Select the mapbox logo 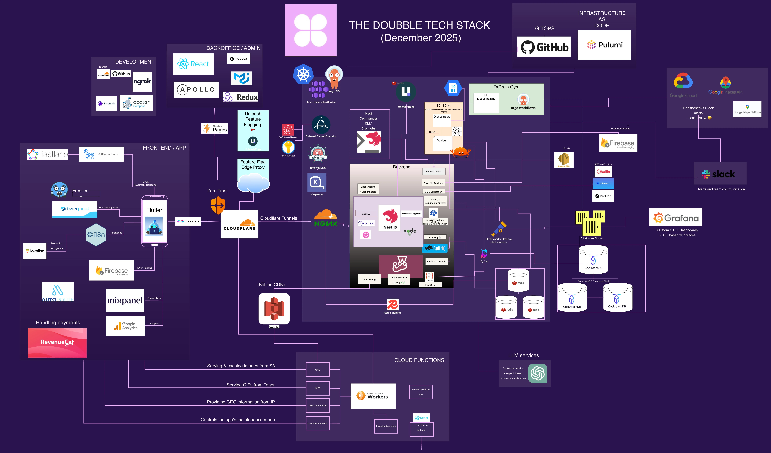click(x=238, y=58)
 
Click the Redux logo click(x=240, y=97)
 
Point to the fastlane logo click(x=48, y=154)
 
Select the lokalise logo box click(x=35, y=251)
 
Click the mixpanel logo click(x=125, y=301)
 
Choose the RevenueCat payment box click(x=57, y=342)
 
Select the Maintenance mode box click(x=318, y=423)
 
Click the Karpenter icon click(x=317, y=183)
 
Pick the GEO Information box click(x=318, y=406)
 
